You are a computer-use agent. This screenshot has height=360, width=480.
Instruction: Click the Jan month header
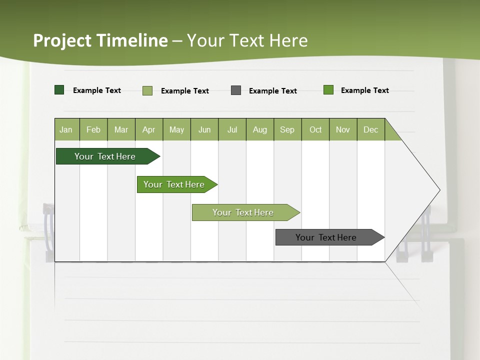point(66,129)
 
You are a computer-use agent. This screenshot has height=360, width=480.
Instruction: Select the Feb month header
point(93,129)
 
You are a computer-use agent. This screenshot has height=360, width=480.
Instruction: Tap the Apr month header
point(148,129)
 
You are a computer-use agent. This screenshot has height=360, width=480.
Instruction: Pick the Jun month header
point(204,129)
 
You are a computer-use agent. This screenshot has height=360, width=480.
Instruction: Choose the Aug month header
point(259,129)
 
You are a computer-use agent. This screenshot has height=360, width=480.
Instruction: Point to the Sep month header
point(287,129)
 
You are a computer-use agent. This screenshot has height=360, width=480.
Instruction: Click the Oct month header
point(315,129)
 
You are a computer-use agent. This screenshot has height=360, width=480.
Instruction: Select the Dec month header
point(370,129)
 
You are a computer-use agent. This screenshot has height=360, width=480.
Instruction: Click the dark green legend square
point(59,90)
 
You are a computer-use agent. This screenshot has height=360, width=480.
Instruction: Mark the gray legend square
point(236,90)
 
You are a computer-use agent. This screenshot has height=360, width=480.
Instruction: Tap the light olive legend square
point(147,90)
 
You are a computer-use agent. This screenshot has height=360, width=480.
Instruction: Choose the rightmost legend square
point(328,90)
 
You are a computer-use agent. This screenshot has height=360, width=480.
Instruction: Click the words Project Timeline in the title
point(100,40)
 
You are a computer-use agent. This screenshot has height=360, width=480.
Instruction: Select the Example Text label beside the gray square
point(272,91)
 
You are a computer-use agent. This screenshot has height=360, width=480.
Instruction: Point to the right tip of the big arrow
point(439,189)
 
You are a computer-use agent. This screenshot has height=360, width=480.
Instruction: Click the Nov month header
point(342,129)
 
